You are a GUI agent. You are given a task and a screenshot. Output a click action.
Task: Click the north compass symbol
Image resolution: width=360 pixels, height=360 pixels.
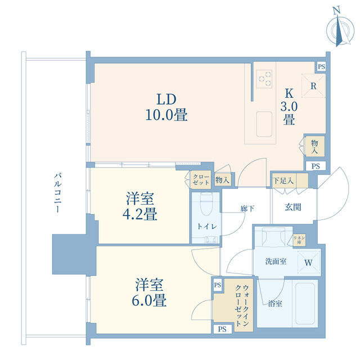pos(339,28)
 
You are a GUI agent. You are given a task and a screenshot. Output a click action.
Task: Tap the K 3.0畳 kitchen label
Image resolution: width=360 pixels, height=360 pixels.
pos(289,106)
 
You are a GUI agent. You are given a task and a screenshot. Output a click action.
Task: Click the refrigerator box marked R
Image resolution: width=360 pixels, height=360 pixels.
pos(313,86)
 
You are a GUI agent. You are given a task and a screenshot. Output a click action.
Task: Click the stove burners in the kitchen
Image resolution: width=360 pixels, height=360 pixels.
pos(264,79)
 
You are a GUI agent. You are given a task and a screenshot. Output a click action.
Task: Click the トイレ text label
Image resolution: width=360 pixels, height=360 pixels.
pos(204,226)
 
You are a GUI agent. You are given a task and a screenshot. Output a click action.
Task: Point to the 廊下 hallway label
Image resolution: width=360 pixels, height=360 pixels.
pos(247,209)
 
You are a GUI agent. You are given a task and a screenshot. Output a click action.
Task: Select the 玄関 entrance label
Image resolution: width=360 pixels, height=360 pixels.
pos(292,207)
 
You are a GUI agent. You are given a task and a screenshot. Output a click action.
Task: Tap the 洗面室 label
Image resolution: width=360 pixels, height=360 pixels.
pos(276,262)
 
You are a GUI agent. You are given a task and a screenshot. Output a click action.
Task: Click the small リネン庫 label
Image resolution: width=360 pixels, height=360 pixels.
pos(299,239)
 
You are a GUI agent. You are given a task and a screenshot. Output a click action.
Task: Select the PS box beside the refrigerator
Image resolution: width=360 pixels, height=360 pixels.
pos(321,66)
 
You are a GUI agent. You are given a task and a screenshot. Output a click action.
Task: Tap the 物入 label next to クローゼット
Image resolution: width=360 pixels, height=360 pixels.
pos(223,180)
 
